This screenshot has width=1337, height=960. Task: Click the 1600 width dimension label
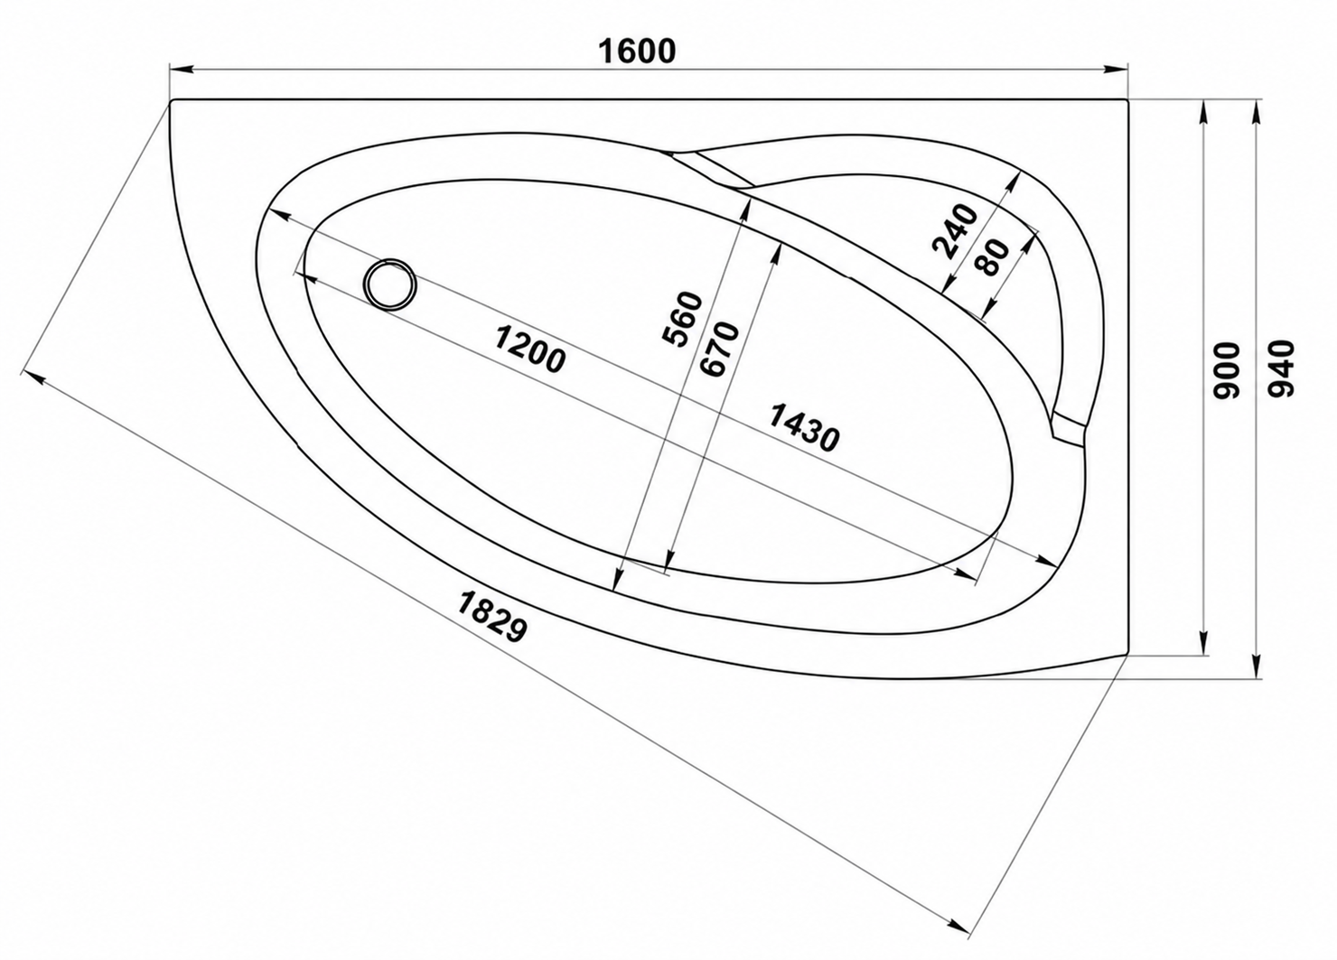point(637,51)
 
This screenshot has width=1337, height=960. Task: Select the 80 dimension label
point(994,256)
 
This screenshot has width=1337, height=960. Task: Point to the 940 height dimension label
point(1280,368)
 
